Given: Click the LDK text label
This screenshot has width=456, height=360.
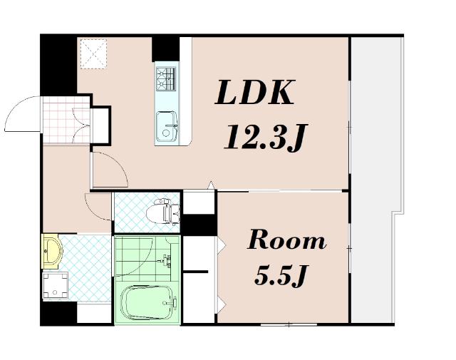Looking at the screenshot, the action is pyautogui.click(x=255, y=92).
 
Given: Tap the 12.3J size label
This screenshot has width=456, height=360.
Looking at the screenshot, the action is pyautogui.click(x=265, y=137).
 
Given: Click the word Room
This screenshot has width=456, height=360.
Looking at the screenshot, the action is pyautogui.click(x=286, y=240).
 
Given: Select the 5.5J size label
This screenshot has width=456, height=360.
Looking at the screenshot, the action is pyautogui.click(x=280, y=276).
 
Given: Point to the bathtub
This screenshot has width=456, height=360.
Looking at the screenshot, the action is pyautogui.click(x=147, y=303).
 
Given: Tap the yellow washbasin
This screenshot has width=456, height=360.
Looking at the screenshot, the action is pyautogui.click(x=52, y=251).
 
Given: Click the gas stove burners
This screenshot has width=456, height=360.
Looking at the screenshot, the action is pyautogui.click(x=166, y=78).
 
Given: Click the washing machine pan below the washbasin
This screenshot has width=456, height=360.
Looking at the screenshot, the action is pyautogui.click(x=56, y=285).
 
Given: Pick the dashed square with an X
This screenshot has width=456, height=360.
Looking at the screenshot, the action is pyautogui.click(x=93, y=54).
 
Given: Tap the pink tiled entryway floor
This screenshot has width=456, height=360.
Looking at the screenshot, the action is pyautogui.click(x=66, y=120).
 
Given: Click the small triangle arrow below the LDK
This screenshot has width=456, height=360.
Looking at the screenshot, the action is pyautogui.click(x=212, y=185).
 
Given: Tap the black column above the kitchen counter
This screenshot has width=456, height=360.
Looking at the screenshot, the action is pyautogui.click(x=166, y=49).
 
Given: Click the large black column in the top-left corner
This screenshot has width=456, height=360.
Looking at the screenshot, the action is pyautogui.click(x=58, y=66).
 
